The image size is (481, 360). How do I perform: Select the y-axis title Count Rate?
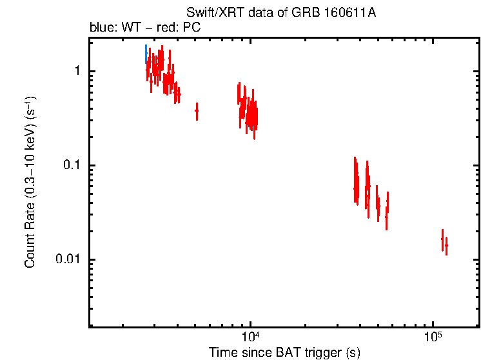click(30, 183)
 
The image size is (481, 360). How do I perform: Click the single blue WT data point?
click(146, 54)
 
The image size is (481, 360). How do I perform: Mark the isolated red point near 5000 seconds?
click(197, 111)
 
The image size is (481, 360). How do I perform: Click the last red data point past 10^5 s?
click(446, 245)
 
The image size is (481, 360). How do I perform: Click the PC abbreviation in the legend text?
click(192, 28)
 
